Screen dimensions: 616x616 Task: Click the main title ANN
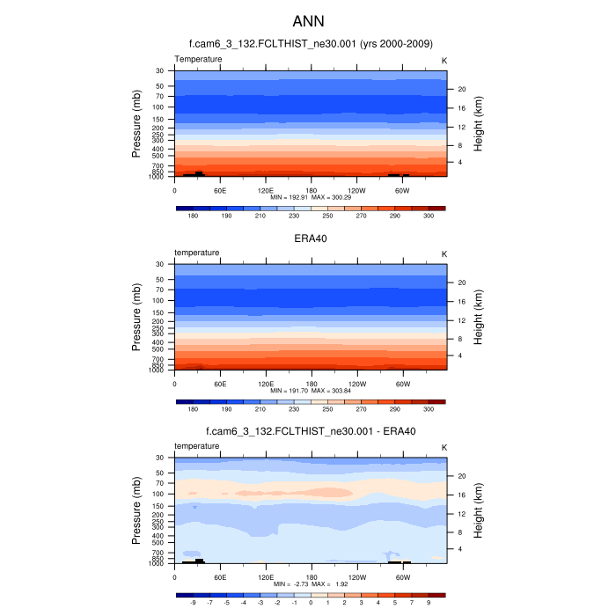308,21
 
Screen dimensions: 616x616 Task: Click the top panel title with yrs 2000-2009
311,44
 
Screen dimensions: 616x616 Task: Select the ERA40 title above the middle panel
311,238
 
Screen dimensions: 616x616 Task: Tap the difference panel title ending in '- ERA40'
311,431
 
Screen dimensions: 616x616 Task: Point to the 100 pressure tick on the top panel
159,106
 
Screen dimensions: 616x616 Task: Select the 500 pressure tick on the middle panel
159,348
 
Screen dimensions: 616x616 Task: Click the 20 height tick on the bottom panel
460,475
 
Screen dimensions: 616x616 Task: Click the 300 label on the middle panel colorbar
429,409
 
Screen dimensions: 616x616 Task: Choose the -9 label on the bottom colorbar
193,604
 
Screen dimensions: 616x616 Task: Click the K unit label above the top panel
444,59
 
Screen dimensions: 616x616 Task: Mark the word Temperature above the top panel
198,59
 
